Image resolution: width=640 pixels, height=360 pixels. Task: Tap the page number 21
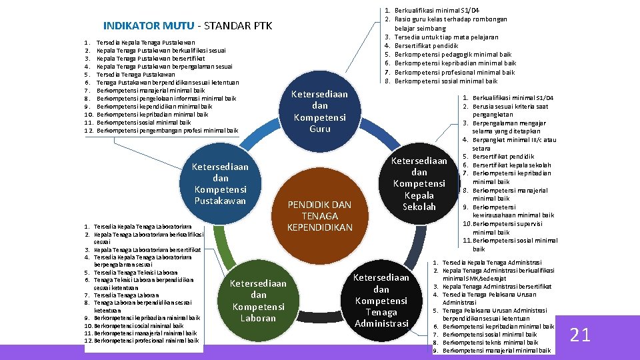pyautogui.click(x=580, y=335)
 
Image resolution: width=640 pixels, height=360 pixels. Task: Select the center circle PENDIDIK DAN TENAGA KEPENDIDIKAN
pyautogui.click(x=320, y=215)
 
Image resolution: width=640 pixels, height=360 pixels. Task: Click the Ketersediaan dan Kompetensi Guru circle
pyautogui.click(x=320, y=111)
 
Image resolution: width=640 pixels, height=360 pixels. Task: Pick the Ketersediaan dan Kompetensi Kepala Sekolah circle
pyautogui.click(x=419, y=183)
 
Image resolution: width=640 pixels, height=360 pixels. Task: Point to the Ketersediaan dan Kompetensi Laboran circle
pyautogui.click(x=258, y=301)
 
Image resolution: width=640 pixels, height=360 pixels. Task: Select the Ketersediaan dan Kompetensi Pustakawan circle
pyautogui.click(x=220, y=183)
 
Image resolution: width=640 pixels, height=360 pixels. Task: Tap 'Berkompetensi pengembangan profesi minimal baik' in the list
pyautogui.click(x=167, y=130)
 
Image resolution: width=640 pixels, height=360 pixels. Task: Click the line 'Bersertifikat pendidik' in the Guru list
pyautogui.click(x=427, y=46)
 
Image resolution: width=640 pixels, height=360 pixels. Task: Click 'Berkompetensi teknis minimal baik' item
pyautogui.click(x=490, y=342)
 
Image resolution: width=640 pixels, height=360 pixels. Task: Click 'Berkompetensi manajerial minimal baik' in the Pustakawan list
pyautogui.click(x=151, y=90)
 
